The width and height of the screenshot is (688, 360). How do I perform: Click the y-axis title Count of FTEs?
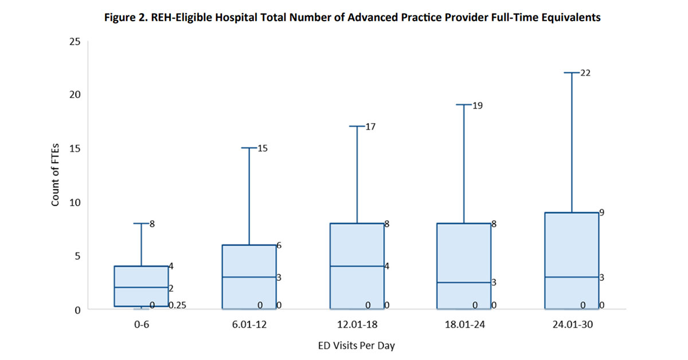[56, 175]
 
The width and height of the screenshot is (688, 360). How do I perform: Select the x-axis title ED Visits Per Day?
[357, 346]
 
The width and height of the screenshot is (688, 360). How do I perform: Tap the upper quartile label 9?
[602, 212]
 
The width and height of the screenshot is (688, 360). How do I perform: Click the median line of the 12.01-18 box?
[357, 266]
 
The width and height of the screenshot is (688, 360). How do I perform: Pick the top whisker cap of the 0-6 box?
[141, 224]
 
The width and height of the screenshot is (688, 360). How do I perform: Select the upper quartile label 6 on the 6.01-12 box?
[279, 245]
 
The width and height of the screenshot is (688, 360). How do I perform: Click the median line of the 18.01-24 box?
[465, 282]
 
